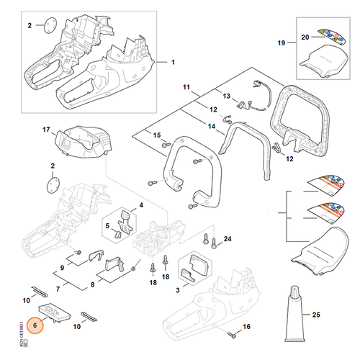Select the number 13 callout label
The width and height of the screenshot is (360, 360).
pos(226,96)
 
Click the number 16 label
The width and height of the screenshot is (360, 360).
pos(248,327)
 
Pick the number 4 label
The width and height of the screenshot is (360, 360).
pos(141,206)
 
